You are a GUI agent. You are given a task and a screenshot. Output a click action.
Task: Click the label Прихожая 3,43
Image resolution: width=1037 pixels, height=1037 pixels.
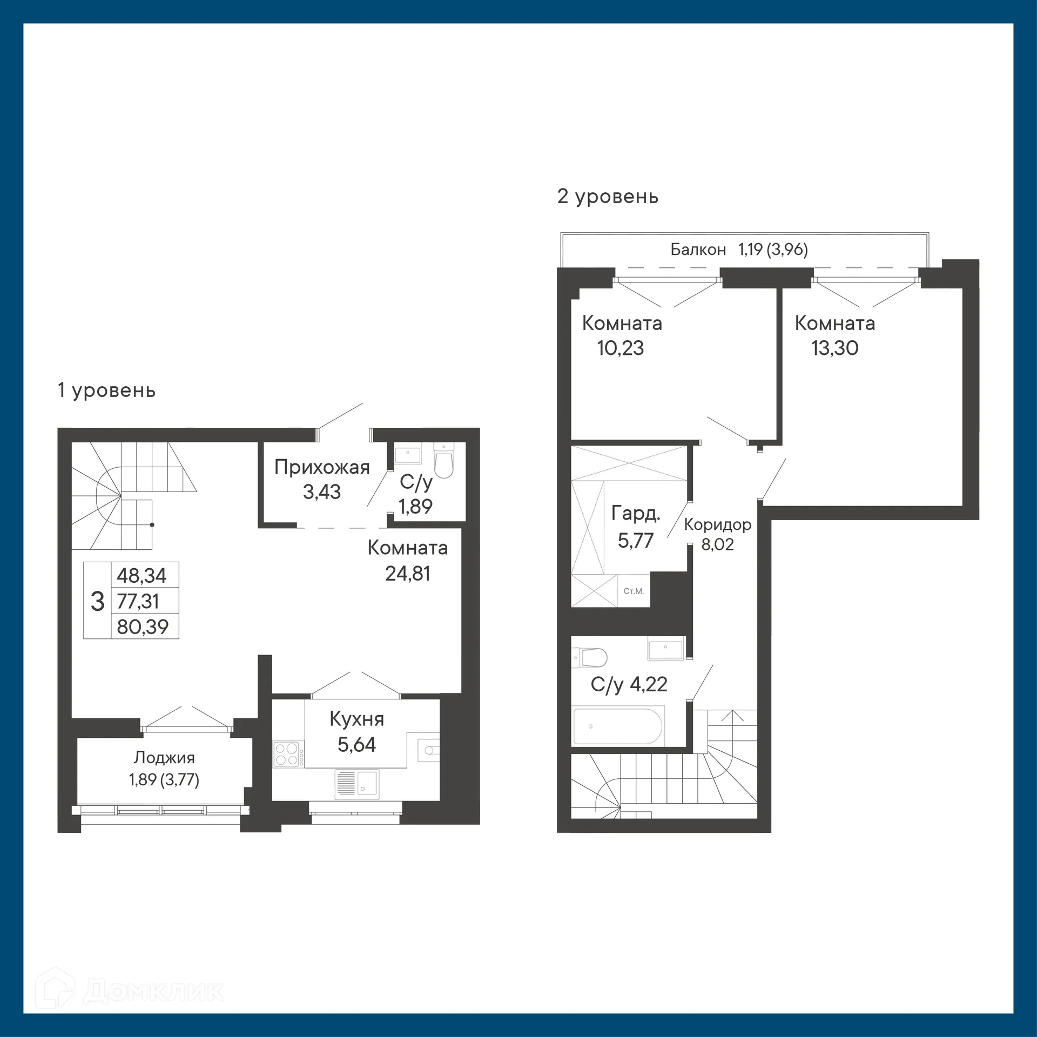[322, 480]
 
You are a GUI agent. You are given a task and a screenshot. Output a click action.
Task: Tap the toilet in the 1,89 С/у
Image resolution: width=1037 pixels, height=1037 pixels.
[443, 463]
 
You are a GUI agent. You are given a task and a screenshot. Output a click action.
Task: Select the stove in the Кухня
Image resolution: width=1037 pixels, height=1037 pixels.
[287, 754]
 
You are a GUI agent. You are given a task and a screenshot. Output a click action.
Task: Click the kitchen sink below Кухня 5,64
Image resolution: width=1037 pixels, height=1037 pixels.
[357, 784]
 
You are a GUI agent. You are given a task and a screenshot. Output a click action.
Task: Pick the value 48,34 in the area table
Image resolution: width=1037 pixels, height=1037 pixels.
[142, 576]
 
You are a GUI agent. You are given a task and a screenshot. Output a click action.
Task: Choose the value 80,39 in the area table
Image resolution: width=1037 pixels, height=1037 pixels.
[143, 627]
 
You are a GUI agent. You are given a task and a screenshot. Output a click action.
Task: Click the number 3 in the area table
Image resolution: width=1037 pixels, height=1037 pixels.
[97, 602]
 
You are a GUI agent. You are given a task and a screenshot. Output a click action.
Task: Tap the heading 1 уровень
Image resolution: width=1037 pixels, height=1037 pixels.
[106, 390]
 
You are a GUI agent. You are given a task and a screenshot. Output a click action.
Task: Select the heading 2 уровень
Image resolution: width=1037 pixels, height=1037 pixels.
[608, 197]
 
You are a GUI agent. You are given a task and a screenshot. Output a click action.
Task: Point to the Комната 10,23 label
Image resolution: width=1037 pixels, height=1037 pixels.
[622, 335]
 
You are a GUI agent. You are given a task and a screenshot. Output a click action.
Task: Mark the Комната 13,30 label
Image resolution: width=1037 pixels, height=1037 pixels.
[834, 335]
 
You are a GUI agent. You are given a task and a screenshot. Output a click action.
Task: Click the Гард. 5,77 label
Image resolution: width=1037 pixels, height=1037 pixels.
[636, 527]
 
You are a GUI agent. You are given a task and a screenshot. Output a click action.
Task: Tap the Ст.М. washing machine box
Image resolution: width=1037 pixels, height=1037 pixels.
[634, 591]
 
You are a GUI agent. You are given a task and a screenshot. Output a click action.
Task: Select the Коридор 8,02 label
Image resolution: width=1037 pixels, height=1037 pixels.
[717, 534]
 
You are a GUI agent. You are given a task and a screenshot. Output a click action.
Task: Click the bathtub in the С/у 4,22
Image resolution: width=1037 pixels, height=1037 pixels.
[617, 726]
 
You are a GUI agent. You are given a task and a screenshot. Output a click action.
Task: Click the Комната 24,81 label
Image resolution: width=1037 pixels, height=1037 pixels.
[408, 561]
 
